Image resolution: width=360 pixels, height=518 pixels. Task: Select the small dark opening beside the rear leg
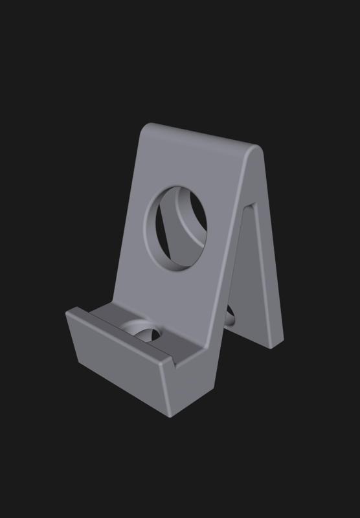230,317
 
